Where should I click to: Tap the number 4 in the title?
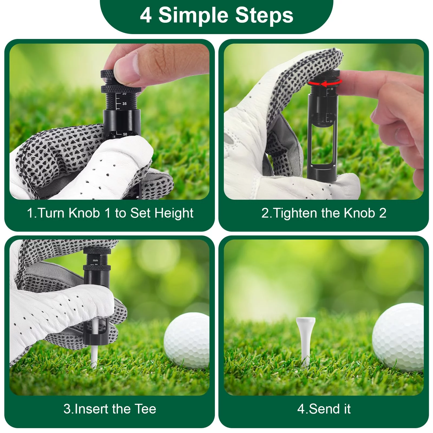(146, 15)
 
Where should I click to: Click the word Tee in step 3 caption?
(145, 409)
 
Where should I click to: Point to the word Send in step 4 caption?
(324, 409)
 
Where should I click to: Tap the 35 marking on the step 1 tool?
(124, 104)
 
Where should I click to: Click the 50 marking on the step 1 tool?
(125, 134)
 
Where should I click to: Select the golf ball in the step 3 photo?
(186, 340)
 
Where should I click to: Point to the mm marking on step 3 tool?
(96, 260)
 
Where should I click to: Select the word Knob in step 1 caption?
(84, 213)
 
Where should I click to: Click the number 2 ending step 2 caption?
(382, 213)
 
